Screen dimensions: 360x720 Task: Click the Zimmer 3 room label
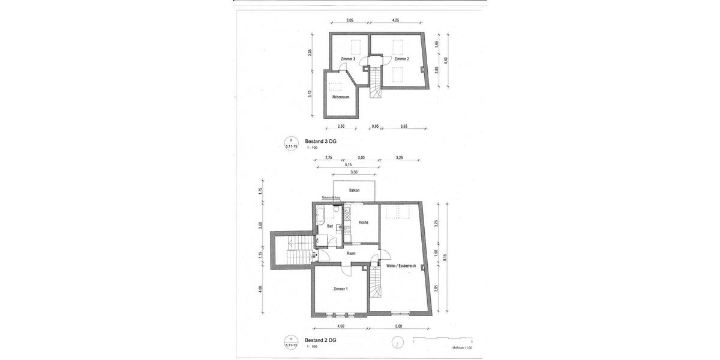[348, 59]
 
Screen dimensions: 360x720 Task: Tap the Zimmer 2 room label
[401, 59]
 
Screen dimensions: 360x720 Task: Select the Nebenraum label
[341, 97]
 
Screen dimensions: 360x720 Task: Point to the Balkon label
[354, 190]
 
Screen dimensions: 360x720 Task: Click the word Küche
[364, 223]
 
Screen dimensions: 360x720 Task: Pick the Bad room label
[329, 226]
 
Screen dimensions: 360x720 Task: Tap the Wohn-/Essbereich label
[401, 266]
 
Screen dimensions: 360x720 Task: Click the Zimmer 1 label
[340, 289]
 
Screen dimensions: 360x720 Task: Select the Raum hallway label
[351, 253]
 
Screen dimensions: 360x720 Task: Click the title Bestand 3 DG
[320, 141]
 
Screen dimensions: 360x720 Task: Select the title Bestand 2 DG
[320, 340]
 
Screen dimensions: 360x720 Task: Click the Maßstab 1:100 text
[462, 347]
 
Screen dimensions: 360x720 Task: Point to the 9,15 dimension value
[445, 257]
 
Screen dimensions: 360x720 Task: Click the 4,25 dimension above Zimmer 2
[395, 20]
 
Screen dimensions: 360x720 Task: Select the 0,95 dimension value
[375, 127]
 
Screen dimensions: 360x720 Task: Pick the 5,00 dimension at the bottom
[398, 326]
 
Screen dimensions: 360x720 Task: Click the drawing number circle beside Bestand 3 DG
[290, 143]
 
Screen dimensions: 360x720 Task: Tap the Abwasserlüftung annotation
[331, 197]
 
